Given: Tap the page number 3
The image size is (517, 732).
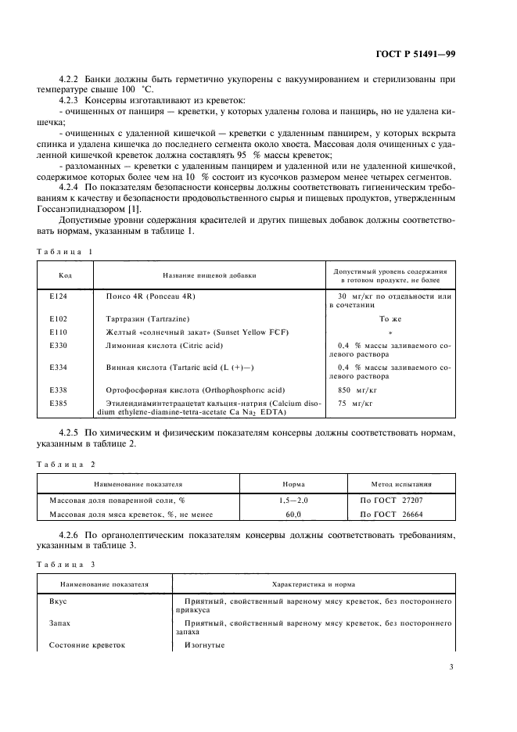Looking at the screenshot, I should click(451, 667).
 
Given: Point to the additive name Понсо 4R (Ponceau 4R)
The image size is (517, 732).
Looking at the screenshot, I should click(150, 297).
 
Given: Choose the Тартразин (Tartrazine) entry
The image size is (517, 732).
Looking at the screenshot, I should click(149, 319).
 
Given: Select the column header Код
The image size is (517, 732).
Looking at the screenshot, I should click(66, 274).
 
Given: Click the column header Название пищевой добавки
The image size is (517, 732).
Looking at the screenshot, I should click(209, 274).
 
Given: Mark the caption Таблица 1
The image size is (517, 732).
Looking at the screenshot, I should click(65, 251).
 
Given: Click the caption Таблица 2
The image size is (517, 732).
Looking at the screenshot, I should click(65, 465).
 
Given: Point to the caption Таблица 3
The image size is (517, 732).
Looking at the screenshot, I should click(65, 564).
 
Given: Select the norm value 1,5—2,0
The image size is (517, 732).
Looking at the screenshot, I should click(294, 500).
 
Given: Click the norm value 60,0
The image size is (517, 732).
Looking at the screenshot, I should click(294, 514).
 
